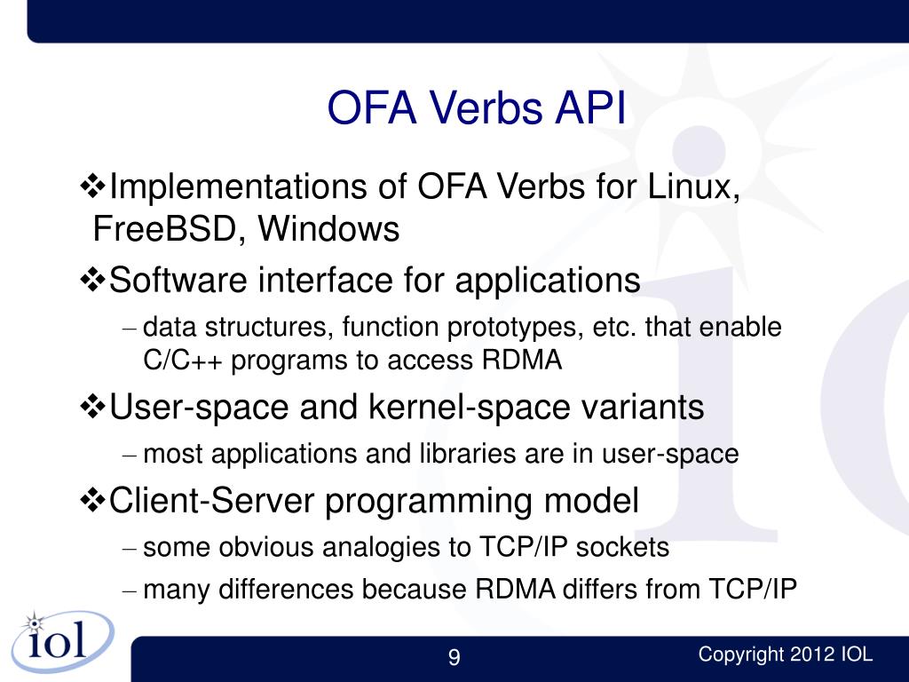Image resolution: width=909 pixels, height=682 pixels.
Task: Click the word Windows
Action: click(x=328, y=230)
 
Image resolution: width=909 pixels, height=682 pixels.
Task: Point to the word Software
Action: click(x=180, y=282)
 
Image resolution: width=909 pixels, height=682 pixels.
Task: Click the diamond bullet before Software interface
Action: click(x=93, y=282)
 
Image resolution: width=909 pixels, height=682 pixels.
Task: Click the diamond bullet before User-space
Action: click(x=93, y=408)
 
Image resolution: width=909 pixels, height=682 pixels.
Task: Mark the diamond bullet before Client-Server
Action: click(x=93, y=502)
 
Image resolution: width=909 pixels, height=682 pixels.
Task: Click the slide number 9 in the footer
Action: click(x=454, y=658)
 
